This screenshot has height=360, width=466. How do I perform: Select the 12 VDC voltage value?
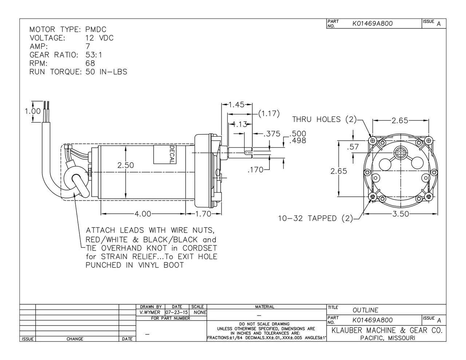coord(99,38)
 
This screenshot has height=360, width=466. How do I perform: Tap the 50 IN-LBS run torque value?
coord(106,72)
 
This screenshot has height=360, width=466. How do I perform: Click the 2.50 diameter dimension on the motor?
coord(126,165)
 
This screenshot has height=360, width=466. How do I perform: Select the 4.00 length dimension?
coord(143,214)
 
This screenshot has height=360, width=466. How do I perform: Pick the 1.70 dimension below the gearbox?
coord(203,214)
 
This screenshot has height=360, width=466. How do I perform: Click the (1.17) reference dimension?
coord(269,114)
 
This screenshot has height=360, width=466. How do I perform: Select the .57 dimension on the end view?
coord(353,147)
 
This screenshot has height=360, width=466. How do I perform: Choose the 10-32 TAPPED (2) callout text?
coord(316,218)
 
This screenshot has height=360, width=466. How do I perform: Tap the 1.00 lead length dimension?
coord(33,111)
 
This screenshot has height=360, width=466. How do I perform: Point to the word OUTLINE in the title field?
coord(365,310)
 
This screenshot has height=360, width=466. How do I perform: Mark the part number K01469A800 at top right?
coord(372,24)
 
